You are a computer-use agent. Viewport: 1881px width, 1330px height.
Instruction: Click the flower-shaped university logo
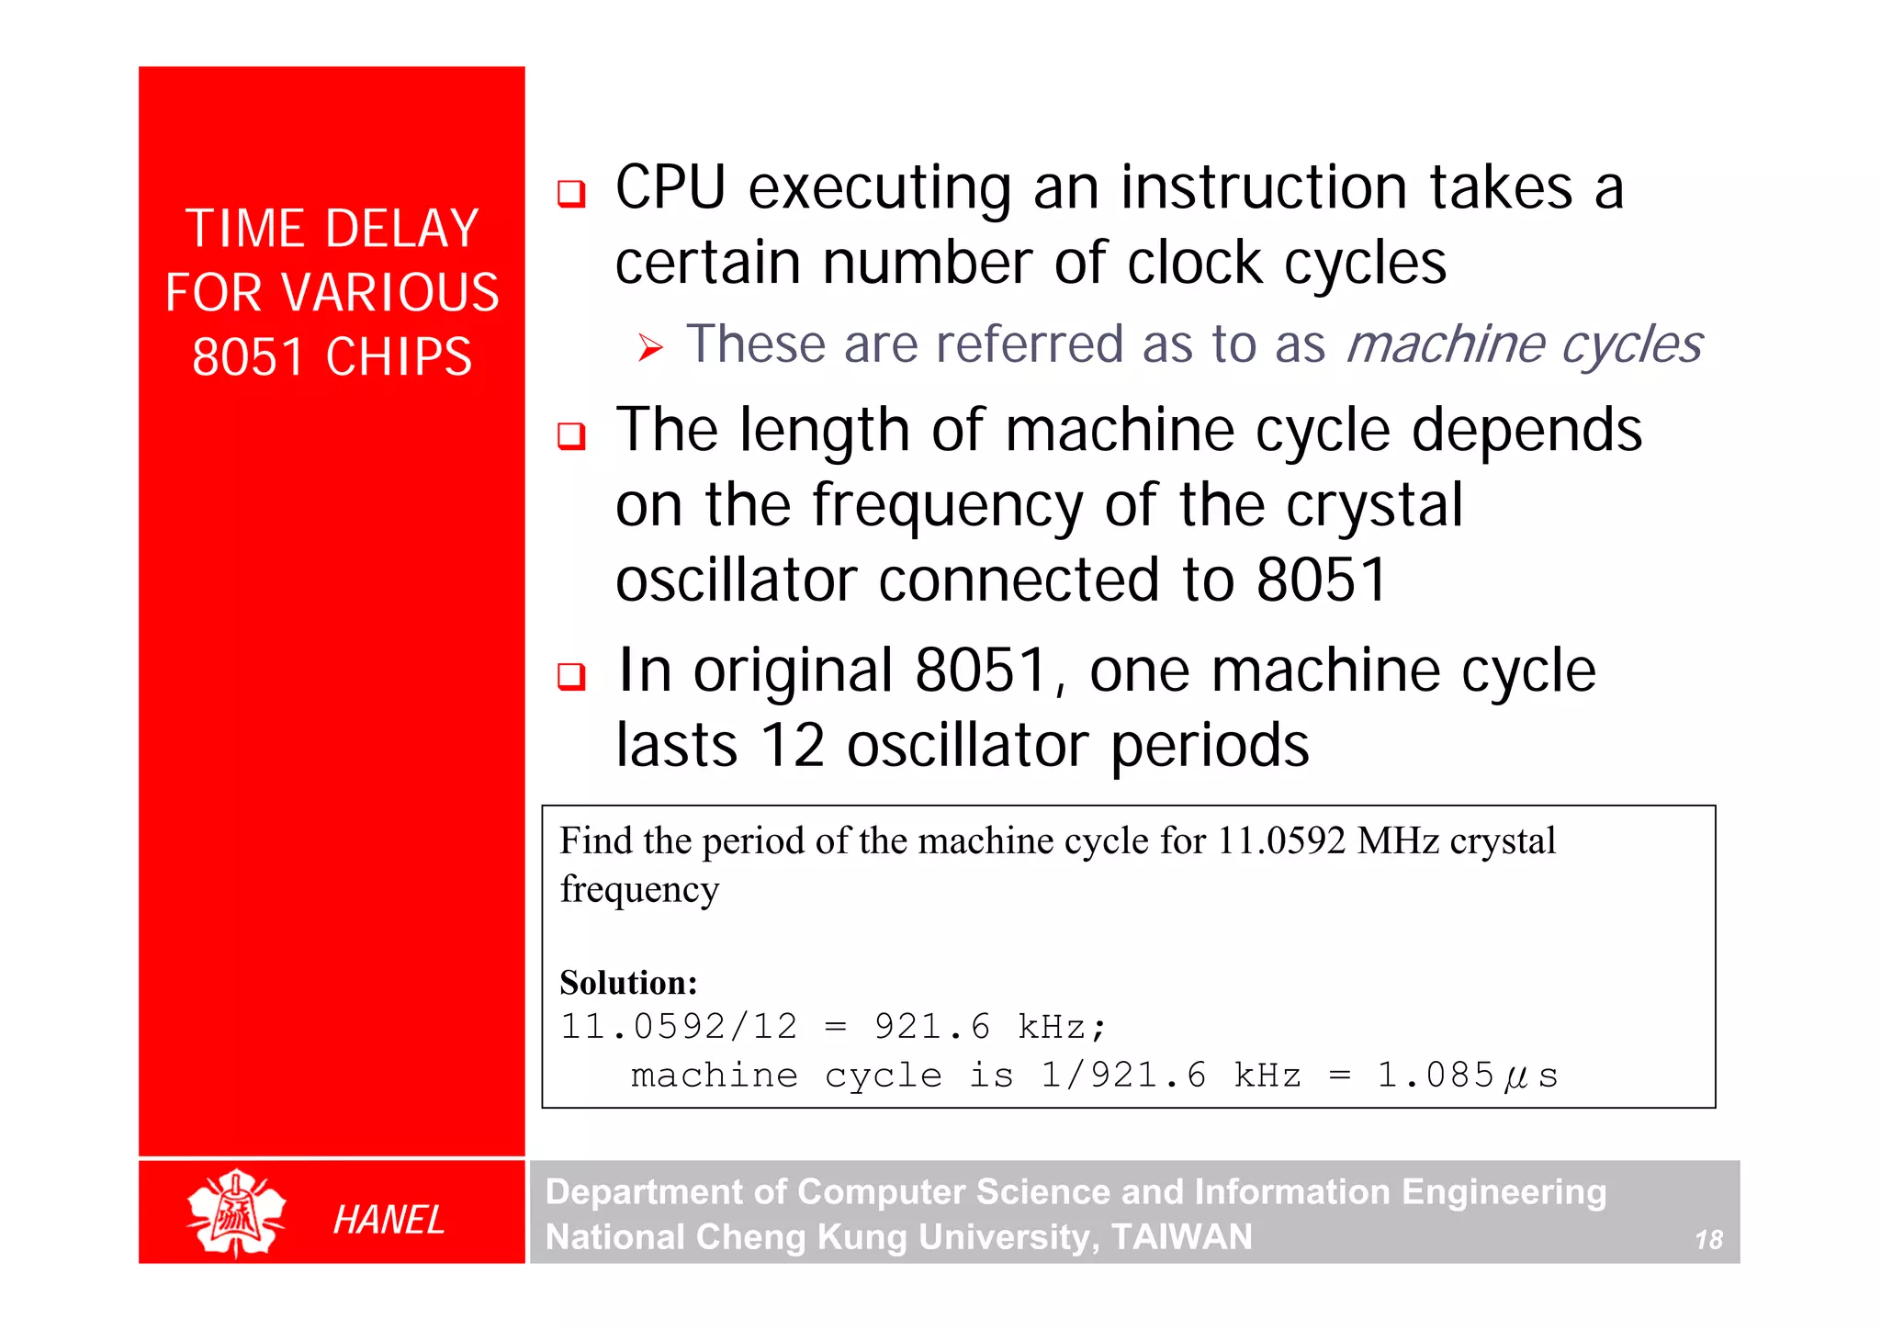236,1212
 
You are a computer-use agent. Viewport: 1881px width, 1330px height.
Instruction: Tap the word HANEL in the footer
389,1220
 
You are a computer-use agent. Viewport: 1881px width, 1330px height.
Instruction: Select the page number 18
1708,1240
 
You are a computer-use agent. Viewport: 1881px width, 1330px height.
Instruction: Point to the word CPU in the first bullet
670,188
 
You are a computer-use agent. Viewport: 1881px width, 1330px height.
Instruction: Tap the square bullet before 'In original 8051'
571,676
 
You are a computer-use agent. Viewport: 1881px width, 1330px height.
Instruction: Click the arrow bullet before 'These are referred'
650,347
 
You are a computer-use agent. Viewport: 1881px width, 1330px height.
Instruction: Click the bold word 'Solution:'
628,983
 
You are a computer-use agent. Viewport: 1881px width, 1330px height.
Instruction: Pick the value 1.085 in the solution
1436,1076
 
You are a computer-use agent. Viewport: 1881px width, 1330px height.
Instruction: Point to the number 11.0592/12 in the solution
679,1027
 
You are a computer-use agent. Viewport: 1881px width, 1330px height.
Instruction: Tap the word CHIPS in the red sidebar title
399,356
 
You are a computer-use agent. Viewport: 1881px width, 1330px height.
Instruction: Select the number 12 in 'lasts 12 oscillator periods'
793,745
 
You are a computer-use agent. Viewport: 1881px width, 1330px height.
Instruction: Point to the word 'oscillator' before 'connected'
736,580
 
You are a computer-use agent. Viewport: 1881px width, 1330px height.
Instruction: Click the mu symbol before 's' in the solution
1516,1077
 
